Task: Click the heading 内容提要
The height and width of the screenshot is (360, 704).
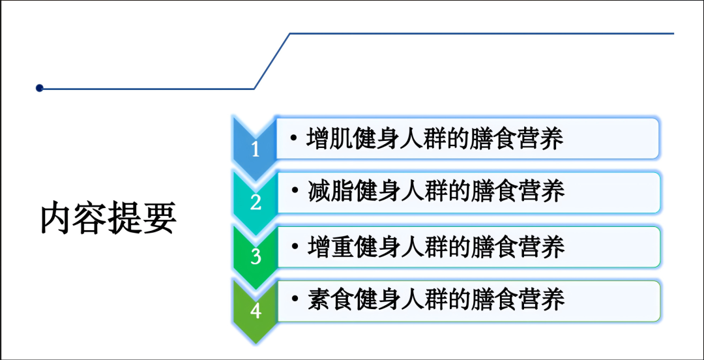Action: click(x=108, y=219)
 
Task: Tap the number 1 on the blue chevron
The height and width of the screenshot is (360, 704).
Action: click(x=256, y=149)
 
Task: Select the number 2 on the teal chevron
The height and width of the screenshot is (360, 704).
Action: click(x=256, y=203)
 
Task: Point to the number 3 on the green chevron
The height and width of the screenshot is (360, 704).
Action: click(x=256, y=256)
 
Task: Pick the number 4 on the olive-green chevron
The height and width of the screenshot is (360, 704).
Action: click(x=256, y=310)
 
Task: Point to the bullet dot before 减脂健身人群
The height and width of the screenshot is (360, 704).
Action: click(x=295, y=191)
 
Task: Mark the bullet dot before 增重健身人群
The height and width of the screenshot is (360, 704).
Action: click(x=295, y=245)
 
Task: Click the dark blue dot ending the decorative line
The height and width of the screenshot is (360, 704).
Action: click(x=40, y=88)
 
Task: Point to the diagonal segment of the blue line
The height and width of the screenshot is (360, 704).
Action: click(x=272, y=61)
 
